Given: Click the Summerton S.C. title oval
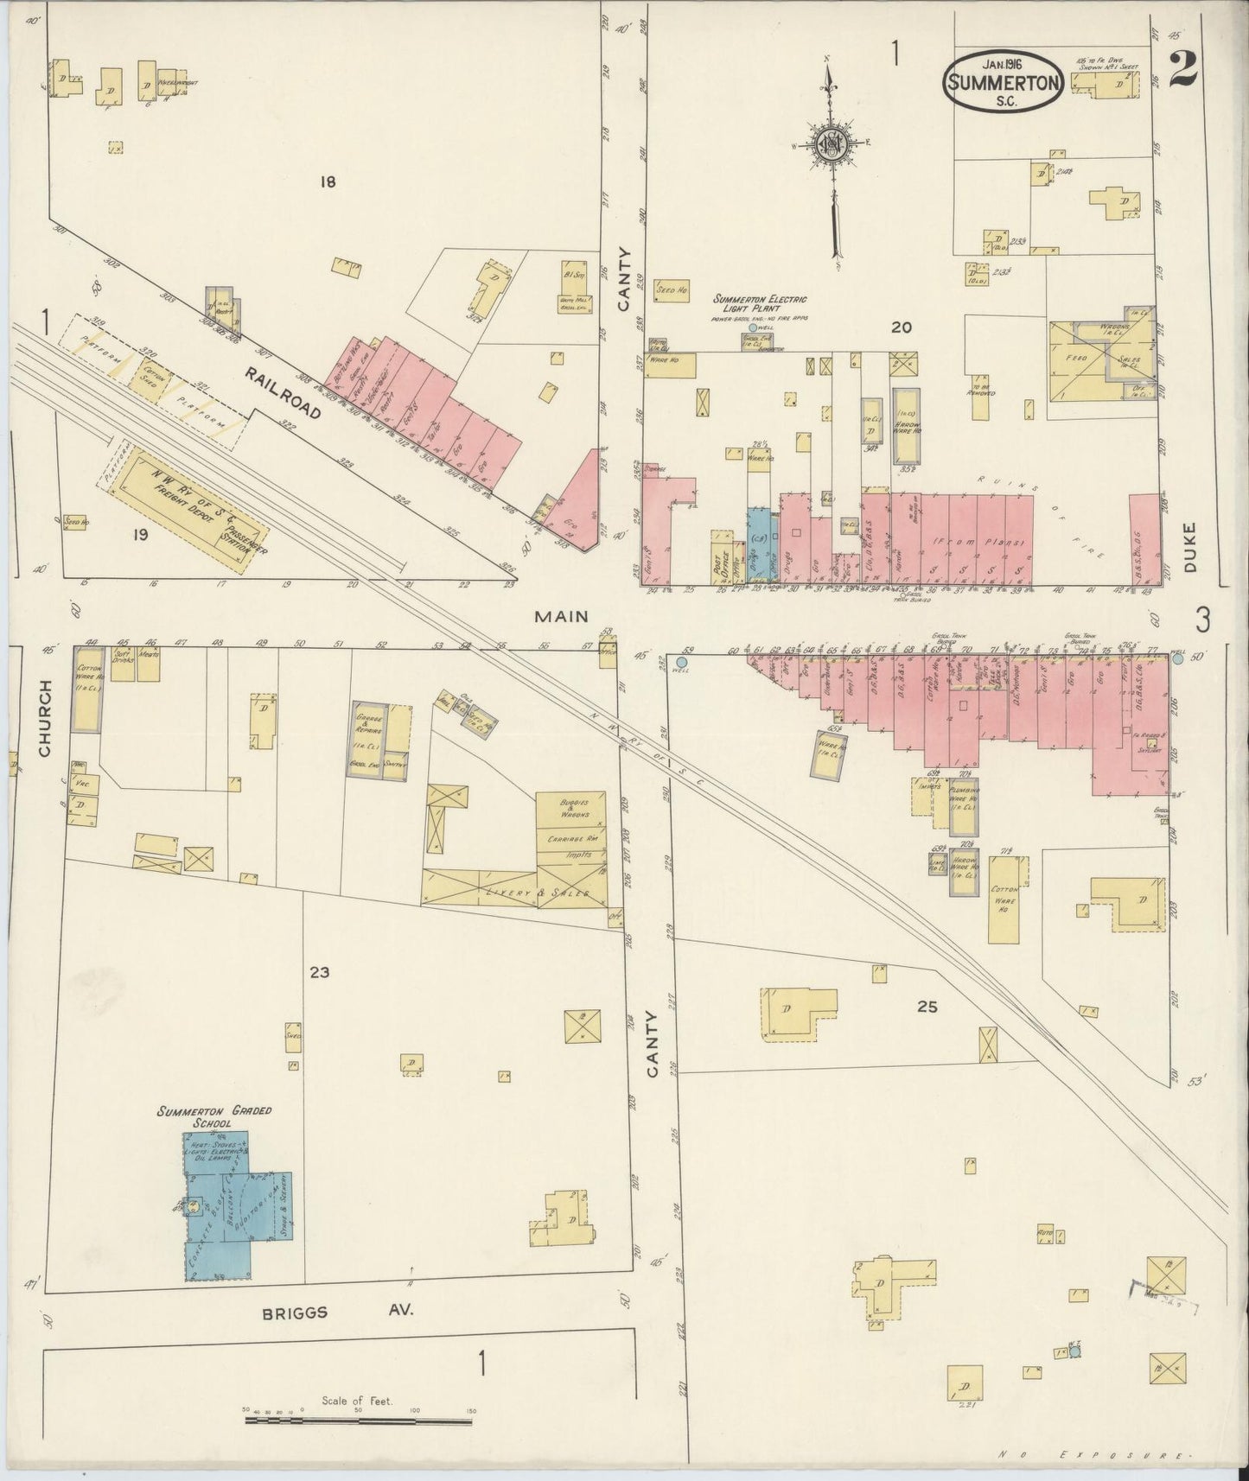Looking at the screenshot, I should click(x=1003, y=79).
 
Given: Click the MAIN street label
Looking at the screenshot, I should click(x=561, y=617).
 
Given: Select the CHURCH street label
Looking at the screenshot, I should click(x=46, y=717).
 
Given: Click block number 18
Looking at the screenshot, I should click(x=327, y=181).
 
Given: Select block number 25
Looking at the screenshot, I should click(x=927, y=1007).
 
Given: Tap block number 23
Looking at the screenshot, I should click(x=320, y=973).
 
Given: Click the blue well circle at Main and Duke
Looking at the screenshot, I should click(x=1177, y=658).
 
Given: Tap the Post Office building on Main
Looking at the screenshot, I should click(x=721, y=558).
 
